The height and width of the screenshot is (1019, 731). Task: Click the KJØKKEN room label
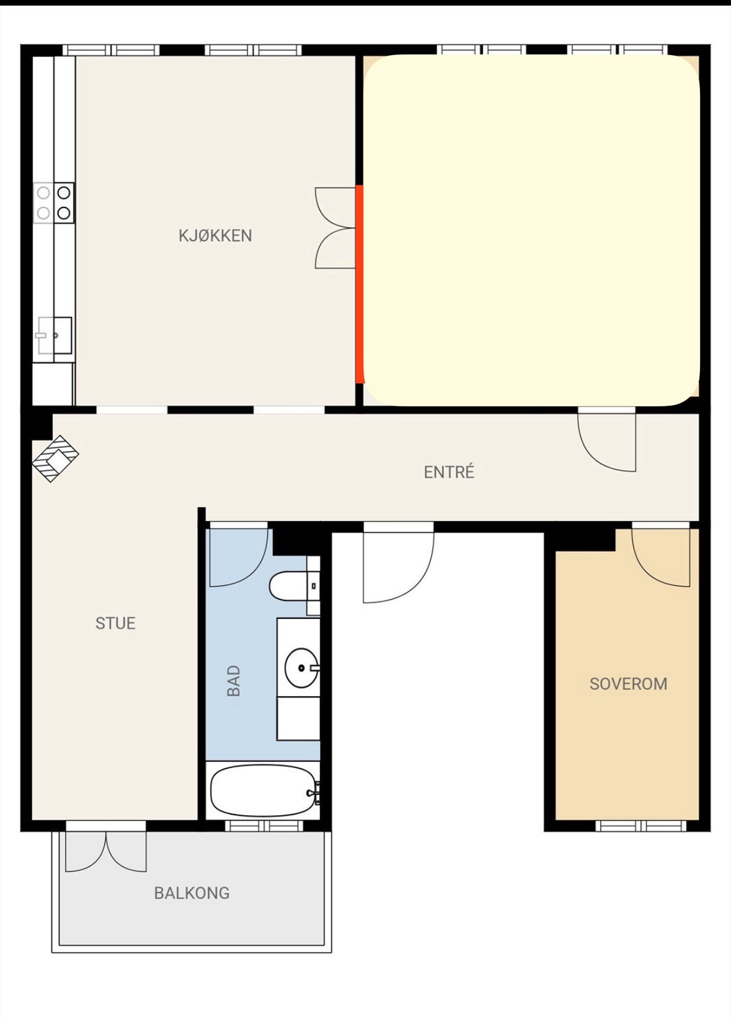pyautogui.click(x=215, y=235)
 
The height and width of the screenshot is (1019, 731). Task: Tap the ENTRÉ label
pyautogui.click(x=449, y=472)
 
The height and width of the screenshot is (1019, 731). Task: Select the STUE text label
pyautogui.click(x=115, y=623)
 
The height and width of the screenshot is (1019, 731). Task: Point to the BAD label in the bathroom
pyautogui.click(x=233, y=681)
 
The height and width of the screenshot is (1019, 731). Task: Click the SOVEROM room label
pyautogui.click(x=628, y=684)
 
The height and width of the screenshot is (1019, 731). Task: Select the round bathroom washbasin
pyautogui.click(x=301, y=668)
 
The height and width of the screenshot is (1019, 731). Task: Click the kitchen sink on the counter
pyautogui.click(x=54, y=335)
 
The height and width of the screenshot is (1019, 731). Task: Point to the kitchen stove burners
pyautogui.click(x=54, y=203)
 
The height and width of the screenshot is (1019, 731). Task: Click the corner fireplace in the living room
pyautogui.click(x=56, y=458)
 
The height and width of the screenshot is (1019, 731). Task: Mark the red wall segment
pyautogui.click(x=360, y=284)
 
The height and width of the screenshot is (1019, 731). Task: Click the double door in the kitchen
pyautogui.click(x=335, y=227)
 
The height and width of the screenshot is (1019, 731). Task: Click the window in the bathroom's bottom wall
pyautogui.click(x=264, y=825)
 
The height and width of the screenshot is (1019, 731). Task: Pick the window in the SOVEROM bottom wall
pyautogui.click(x=640, y=825)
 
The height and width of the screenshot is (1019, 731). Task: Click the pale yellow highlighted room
pyautogui.click(x=531, y=230)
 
